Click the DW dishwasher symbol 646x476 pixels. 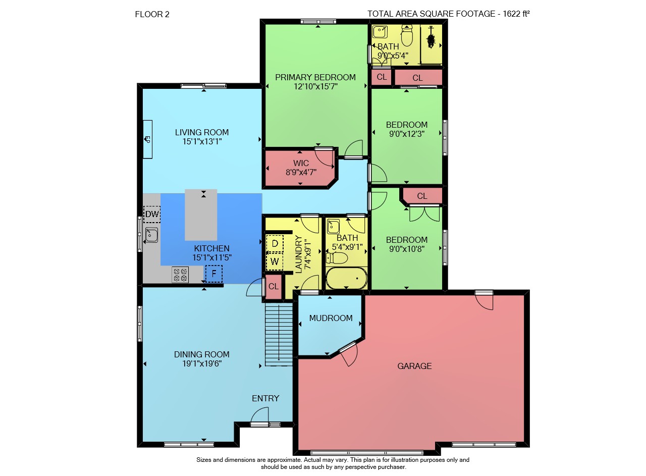[152, 215]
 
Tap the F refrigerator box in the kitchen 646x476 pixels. [214, 274]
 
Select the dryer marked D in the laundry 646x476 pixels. [275, 244]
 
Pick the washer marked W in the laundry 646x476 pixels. [275, 261]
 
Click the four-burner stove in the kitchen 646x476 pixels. [180, 275]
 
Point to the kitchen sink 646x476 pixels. [151, 235]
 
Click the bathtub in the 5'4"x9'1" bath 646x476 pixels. [346, 278]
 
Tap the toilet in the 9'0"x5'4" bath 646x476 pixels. [407, 36]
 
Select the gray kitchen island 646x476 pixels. [201, 215]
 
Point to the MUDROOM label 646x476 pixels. [331, 318]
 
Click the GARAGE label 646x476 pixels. [414, 366]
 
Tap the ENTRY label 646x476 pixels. [265, 398]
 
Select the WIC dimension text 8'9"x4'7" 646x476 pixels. [301, 172]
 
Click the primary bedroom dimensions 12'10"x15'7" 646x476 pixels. [315, 86]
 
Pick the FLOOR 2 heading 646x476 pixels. [152, 15]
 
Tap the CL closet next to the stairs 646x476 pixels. [274, 287]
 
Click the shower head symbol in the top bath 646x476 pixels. [431, 37]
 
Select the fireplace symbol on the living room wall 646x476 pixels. [148, 139]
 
